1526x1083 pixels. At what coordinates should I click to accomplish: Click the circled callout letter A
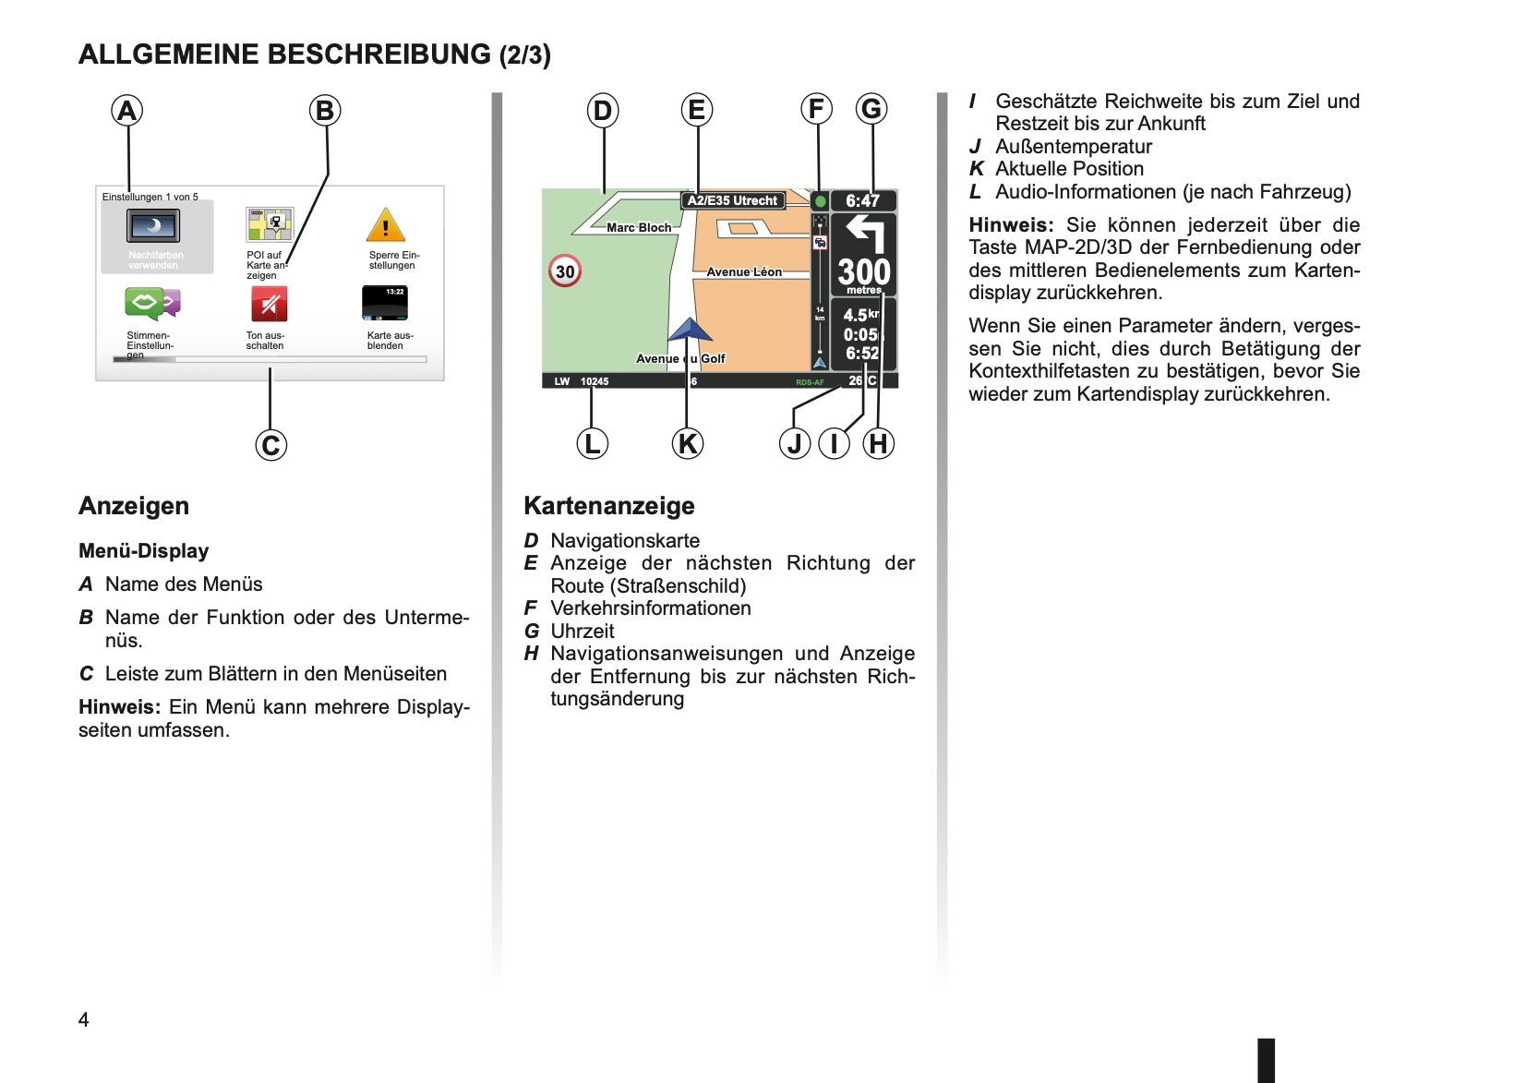(x=126, y=111)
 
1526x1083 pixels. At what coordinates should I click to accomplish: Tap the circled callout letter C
(x=270, y=445)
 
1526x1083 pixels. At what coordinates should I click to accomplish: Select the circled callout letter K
(x=688, y=443)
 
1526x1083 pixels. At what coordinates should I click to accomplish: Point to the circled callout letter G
(x=871, y=109)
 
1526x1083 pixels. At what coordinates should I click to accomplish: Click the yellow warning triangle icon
(x=386, y=224)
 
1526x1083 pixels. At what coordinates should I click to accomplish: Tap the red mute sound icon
(x=269, y=304)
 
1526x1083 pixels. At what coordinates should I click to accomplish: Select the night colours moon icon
(x=153, y=225)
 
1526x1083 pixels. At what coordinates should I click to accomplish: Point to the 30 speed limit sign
(x=565, y=271)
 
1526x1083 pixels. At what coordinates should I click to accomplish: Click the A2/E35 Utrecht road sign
(x=732, y=200)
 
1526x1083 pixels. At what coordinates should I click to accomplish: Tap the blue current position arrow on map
(x=690, y=331)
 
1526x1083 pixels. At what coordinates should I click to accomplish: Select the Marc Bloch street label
(x=639, y=227)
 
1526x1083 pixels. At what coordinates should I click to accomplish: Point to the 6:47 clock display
(x=862, y=201)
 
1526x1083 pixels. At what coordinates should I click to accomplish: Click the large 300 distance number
(x=864, y=271)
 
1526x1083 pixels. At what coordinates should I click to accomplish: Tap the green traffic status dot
(x=820, y=201)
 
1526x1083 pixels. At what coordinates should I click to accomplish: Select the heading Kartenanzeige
(x=609, y=505)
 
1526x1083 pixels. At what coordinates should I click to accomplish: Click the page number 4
(x=84, y=1019)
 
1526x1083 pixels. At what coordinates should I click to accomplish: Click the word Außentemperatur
(x=1074, y=147)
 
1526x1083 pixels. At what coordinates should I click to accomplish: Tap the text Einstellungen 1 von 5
(x=150, y=197)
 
